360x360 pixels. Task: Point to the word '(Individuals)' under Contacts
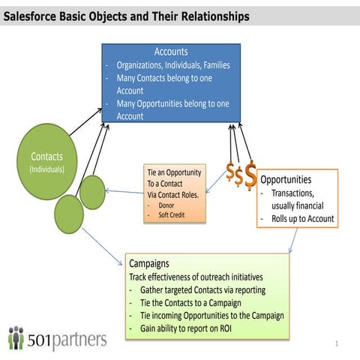[46, 169]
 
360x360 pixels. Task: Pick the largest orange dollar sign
[251, 174]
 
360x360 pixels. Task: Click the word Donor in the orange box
[167, 204]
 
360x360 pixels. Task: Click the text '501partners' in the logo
[67, 339]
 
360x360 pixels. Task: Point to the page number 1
[338, 343]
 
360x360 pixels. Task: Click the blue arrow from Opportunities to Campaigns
[292, 240]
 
